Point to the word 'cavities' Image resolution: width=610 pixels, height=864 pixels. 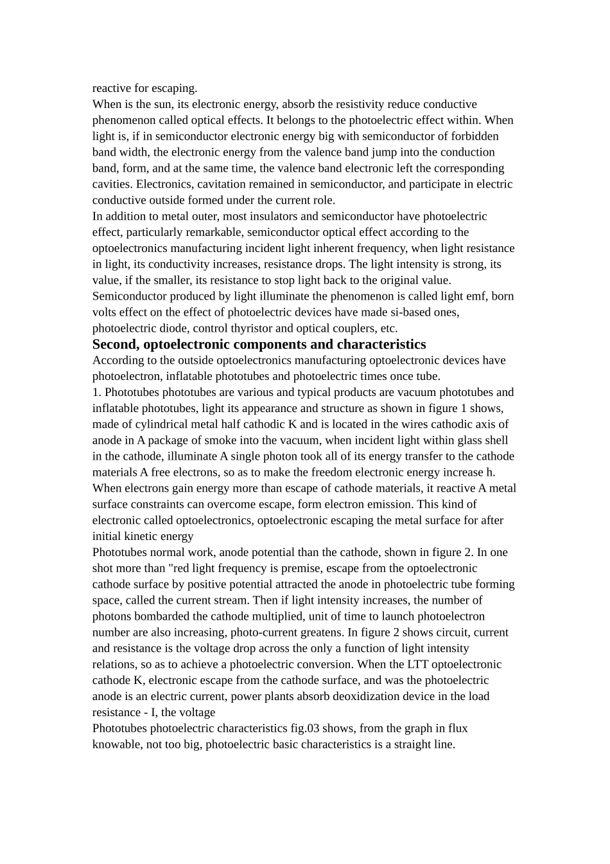coord(112,184)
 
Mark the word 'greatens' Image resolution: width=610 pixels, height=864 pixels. coord(295,633)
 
